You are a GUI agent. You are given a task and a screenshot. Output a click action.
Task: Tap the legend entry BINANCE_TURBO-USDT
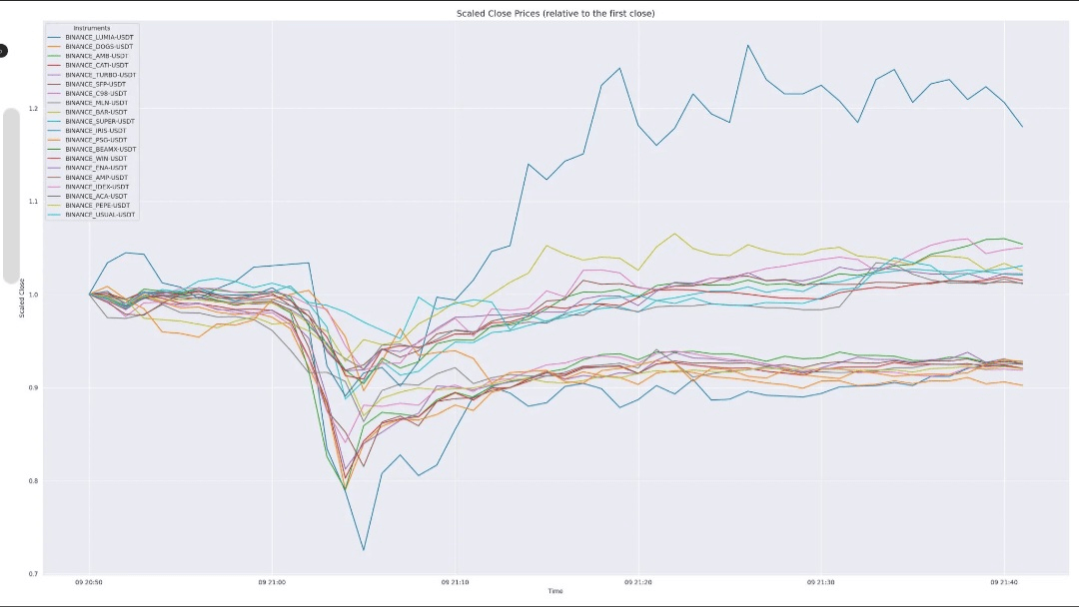(100, 75)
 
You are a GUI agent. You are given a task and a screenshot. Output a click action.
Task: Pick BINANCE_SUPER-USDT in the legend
(99, 121)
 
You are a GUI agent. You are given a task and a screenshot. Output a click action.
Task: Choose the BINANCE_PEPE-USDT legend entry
(98, 205)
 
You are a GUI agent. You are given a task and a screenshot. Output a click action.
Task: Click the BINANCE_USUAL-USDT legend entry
(100, 215)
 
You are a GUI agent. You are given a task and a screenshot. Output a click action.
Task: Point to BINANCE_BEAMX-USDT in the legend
(100, 149)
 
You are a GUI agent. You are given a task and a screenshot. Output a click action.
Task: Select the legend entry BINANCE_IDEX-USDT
(97, 187)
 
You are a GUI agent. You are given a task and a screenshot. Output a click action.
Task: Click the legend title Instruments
(92, 28)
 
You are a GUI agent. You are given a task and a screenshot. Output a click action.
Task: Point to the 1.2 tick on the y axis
(34, 108)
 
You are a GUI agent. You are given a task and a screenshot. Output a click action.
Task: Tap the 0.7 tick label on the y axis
(34, 574)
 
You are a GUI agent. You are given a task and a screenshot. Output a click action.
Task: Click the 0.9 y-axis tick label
(34, 387)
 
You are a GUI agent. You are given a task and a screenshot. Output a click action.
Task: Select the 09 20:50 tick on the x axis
(89, 582)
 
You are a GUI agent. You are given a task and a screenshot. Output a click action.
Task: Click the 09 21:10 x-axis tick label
(456, 582)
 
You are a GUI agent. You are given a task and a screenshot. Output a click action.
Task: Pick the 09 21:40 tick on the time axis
(1004, 582)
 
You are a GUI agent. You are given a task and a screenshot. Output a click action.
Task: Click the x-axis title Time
(554, 591)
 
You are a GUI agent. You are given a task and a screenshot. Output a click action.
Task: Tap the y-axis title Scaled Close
(22, 299)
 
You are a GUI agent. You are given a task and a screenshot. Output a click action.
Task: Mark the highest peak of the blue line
(747, 45)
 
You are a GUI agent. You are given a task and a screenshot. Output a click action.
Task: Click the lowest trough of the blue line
(364, 550)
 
